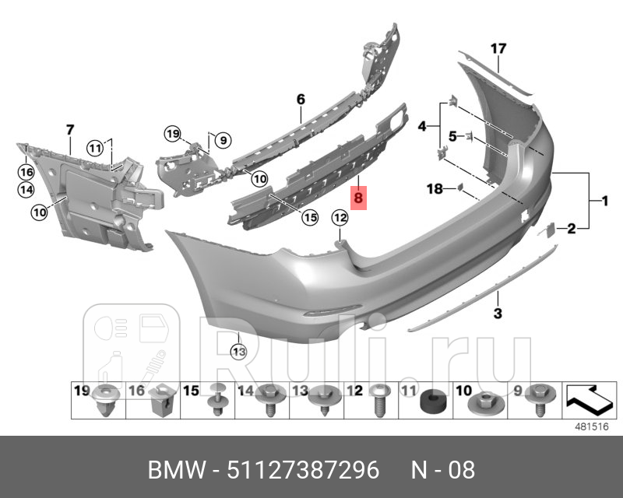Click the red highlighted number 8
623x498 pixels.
coord(358,199)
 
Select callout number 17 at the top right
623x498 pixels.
coord(498,48)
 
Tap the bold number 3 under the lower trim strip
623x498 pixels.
coord(498,314)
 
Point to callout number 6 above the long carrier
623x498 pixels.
coord(301,99)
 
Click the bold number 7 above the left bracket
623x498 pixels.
coord(69,129)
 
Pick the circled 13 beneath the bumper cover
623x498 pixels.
coord(238,352)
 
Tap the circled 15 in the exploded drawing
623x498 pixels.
coord(310,218)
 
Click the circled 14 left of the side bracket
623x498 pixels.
coord(26,188)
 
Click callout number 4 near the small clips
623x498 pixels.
coord(423,126)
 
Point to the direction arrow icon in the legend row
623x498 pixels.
coord(588,399)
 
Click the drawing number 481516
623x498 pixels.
coord(591,426)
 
